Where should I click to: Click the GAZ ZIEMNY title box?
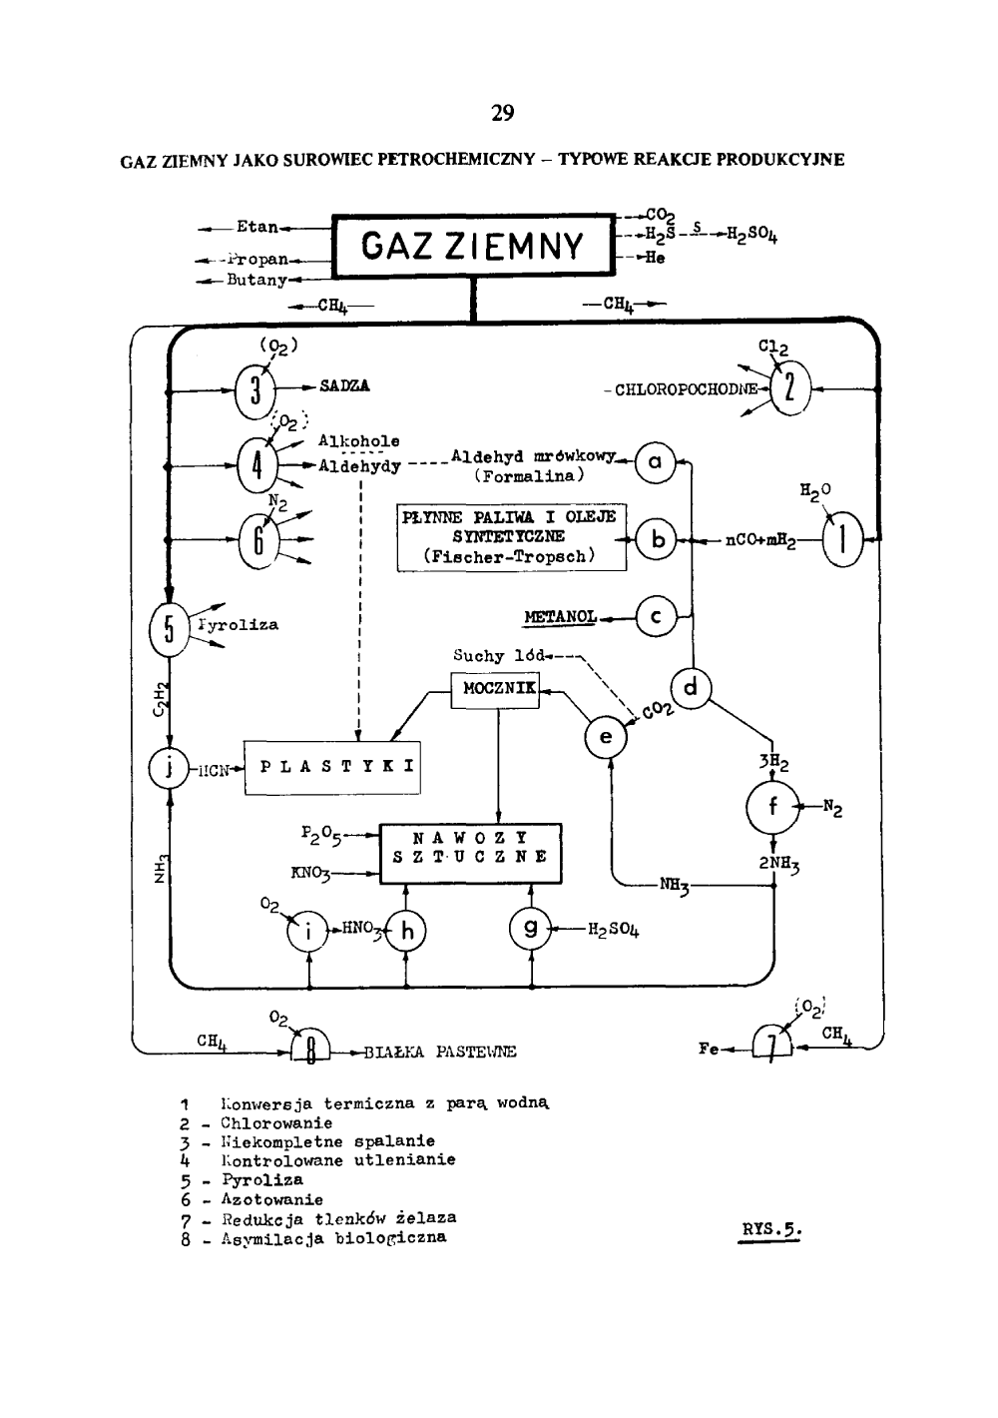point(472,246)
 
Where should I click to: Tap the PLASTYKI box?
point(332,768)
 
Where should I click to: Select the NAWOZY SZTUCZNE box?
point(470,853)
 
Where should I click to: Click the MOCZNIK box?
point(495,689)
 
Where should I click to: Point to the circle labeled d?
point(692,688)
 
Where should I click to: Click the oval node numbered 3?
point(255,387)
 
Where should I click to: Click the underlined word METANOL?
point(559,617)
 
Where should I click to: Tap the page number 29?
point(502,113)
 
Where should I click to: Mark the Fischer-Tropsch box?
point(511,537)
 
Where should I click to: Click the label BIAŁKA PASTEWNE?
point(440,1053)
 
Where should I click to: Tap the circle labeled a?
point(655,461)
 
